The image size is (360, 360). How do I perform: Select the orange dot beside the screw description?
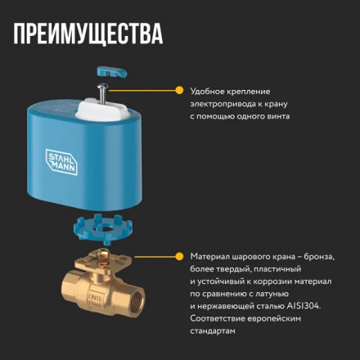[x=178, y=91]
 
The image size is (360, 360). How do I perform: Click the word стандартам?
[x=213, y=330]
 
